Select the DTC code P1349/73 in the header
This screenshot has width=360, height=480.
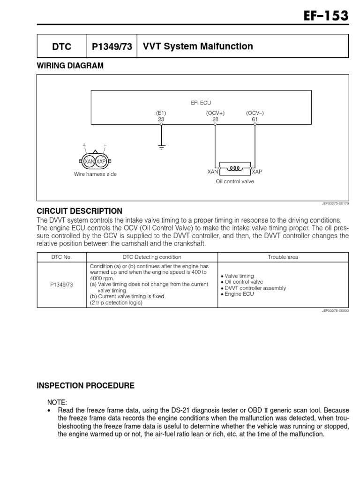click(112, 46)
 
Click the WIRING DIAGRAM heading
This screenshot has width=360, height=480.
click(70, 66)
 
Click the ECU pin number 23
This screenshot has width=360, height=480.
click(161, 120)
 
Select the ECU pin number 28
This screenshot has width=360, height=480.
click(215, 120)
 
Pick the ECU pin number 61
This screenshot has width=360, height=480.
click(255, 120)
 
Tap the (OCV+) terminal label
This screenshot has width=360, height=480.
click(215, 113)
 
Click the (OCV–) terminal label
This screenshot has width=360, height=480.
click(255, 113)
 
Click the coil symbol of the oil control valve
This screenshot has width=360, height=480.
click(234, 166)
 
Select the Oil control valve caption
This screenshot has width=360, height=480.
click(234, 181)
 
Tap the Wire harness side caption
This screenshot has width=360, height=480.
click(95, 174)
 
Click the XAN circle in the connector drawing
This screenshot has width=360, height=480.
click(89, 161)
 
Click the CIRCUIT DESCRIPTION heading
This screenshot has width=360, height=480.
click(79, 211)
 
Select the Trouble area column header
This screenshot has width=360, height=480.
click(283, 257)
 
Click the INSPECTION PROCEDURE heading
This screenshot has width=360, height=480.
click(85, 386)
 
